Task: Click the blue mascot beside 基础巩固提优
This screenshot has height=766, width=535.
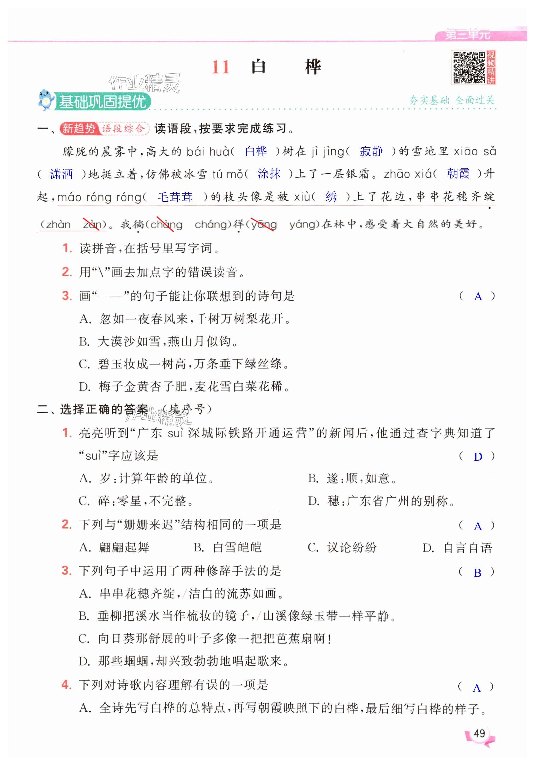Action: click(x=46, y=100)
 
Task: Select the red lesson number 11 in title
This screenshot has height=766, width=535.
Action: click(x=220, y=67)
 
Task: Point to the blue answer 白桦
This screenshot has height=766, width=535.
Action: click(x=256, y=151)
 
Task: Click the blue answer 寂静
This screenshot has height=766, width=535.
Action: click(x=371, y=151)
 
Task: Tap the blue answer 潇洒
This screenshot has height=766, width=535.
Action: click(x=61, y=174)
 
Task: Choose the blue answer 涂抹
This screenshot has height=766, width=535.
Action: click(x=269, y=174)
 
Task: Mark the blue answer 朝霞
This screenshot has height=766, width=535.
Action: click(x=458, y=174)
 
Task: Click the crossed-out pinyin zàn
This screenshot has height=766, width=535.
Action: click(x=92, y=225)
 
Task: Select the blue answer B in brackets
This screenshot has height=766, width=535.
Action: click(x=477, y=572)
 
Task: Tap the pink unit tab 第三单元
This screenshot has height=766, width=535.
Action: click(x=468, y=34)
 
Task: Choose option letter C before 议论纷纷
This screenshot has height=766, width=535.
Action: click(x=313, y=547)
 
